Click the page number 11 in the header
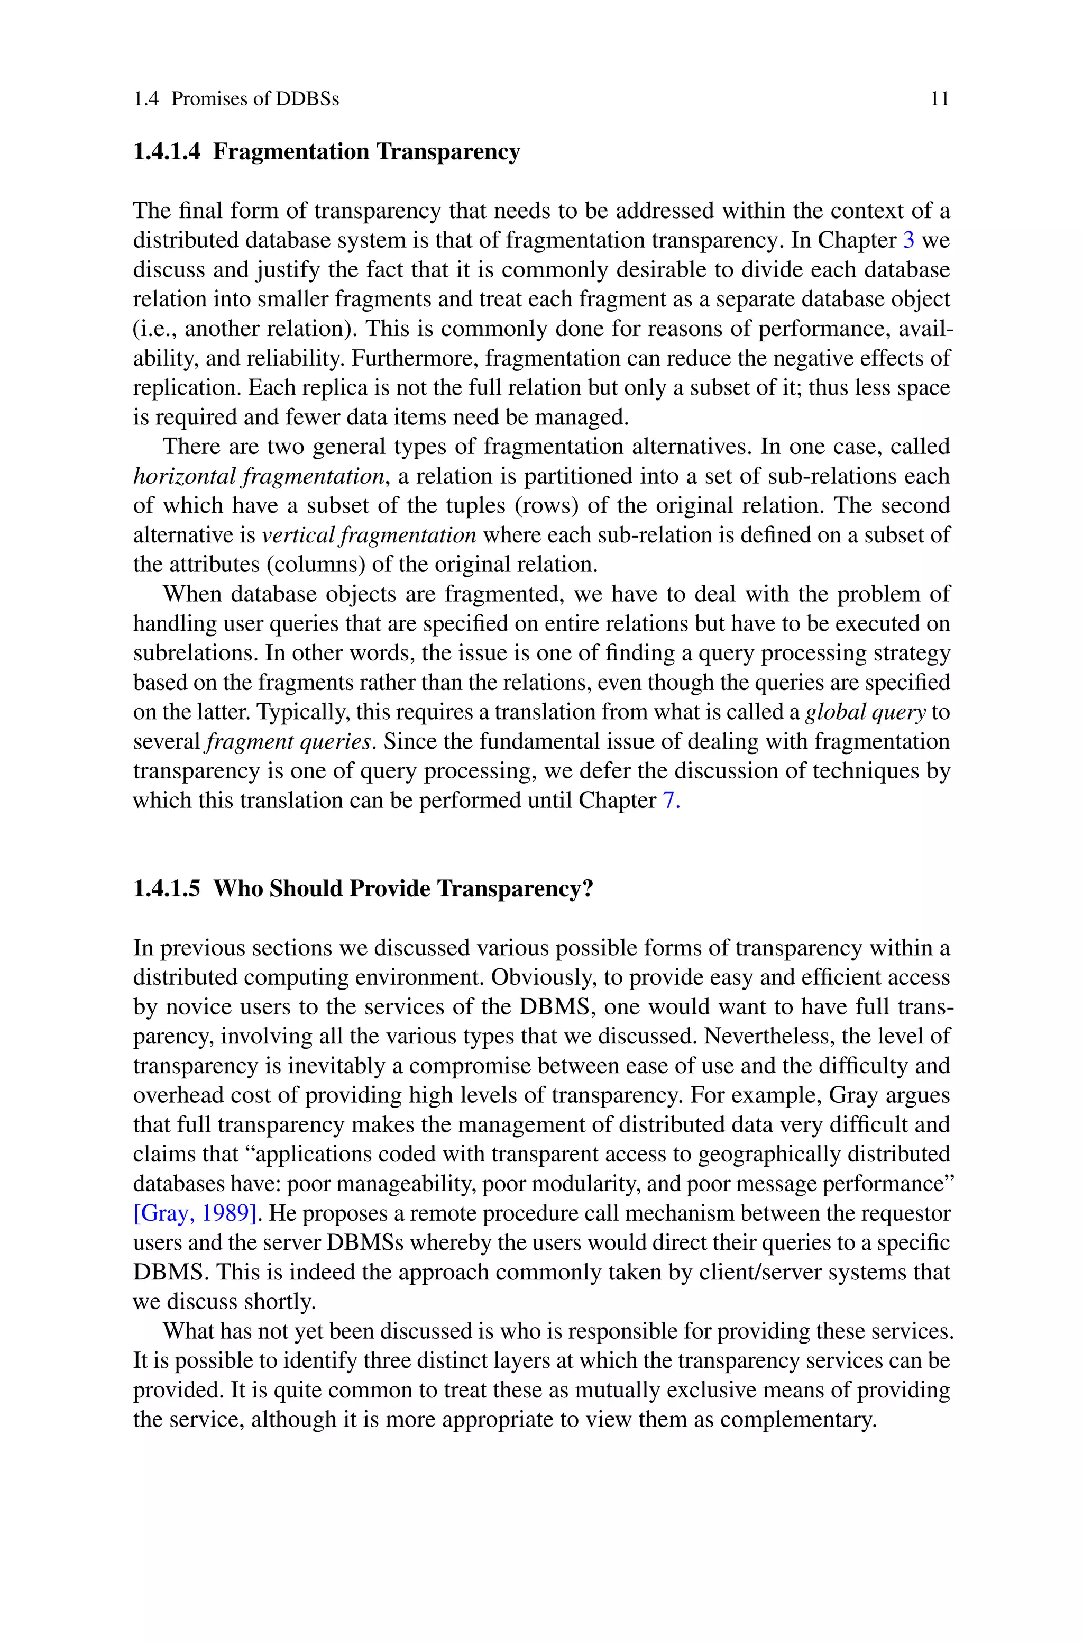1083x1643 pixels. [x=939, y=99]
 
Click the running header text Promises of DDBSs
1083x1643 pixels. [x=255, y=99]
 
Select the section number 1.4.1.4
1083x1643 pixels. [x=167, y=151]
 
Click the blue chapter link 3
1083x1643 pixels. [x=909, y=240]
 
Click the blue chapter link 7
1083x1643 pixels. [x=670, y=801]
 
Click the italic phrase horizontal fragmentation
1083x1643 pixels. [x=258, y=477]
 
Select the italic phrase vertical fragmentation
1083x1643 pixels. [x=369, y=535]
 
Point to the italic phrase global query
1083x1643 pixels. [x=865, y=712]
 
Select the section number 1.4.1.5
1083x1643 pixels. [x=167, y=888]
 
